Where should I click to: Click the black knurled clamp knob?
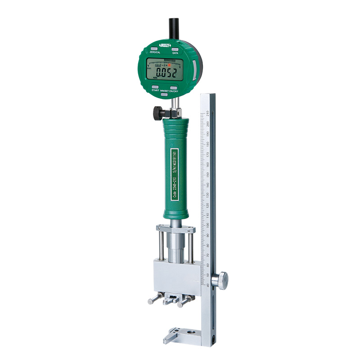[158, 113]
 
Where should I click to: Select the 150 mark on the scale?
[207, 174]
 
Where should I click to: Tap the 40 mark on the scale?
[207, 284]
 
